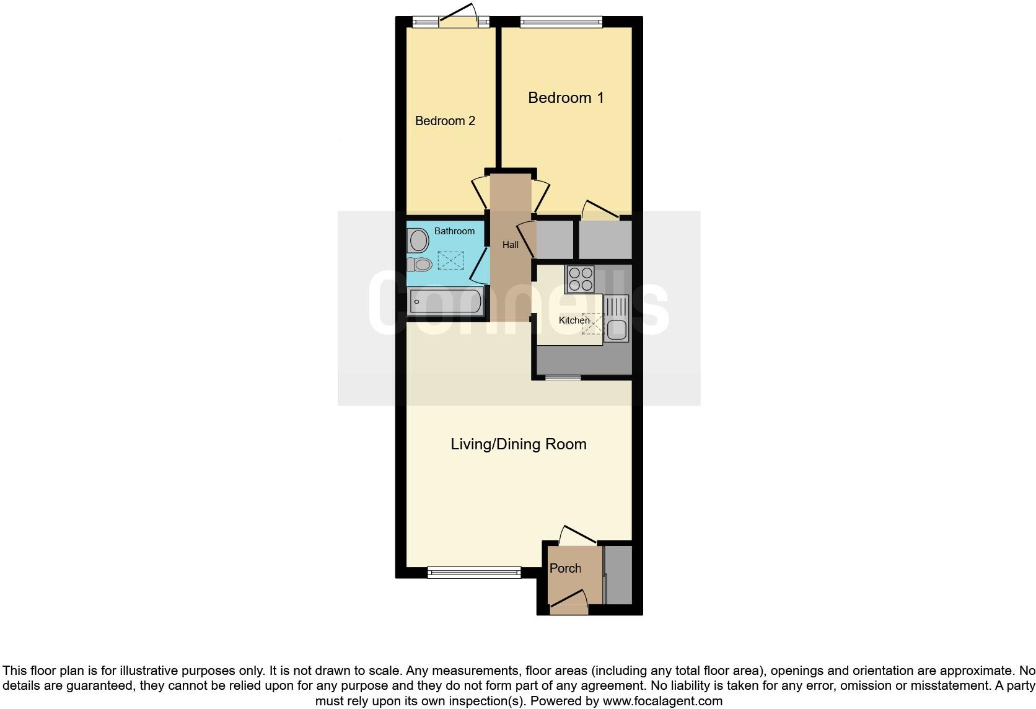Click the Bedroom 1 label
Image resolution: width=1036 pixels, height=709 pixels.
(565, 97)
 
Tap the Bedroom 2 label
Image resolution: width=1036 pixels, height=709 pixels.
(445, 121)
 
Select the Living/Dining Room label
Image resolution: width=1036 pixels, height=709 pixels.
(518, 444)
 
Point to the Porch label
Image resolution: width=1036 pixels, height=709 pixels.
(565, 568)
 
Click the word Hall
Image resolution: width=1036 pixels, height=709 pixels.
(510, 245)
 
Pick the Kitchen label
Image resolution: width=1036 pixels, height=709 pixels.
(574, 320)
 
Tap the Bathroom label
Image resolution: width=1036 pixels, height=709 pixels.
(454, 231)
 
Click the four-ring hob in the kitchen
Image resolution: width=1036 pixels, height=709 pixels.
(579, 278)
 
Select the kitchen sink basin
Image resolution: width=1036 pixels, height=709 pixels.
(617, 330)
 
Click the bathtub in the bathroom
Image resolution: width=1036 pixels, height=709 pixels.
(446, 302)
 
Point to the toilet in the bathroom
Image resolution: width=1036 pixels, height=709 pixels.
(419, 265)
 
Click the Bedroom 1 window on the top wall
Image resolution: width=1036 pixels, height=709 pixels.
(561, 22)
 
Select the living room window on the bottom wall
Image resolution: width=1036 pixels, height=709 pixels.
(474, 573)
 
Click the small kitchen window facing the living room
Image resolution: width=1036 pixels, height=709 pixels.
(563, 377)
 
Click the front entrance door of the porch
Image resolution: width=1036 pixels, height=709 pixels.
(569, 602)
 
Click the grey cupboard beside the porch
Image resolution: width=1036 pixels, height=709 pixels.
(618, 575)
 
